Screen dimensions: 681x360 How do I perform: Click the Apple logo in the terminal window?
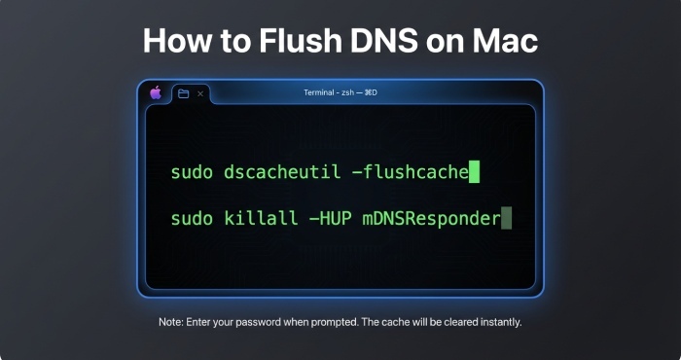pyautogui.click(x=156, y=93)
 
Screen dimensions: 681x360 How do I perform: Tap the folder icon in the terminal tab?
pyautogui.click(x=183, y=93)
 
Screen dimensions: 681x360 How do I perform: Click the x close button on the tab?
pyautogui.click(x=200, y=93)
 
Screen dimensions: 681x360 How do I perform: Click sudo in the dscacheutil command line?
pyautogui.click(x=191, y=173)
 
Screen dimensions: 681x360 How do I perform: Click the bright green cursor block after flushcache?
pyautogui.click(x=474, y=173)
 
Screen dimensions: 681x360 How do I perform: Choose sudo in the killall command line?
pyautogui.click(x=191, y=218)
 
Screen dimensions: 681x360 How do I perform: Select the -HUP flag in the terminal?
pyautogui.click(x=327, y=218)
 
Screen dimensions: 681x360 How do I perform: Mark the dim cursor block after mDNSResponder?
pyautogui.click(x=506, y=218)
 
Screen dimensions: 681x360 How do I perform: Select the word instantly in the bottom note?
pyautogui.click(x=495, y=322)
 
